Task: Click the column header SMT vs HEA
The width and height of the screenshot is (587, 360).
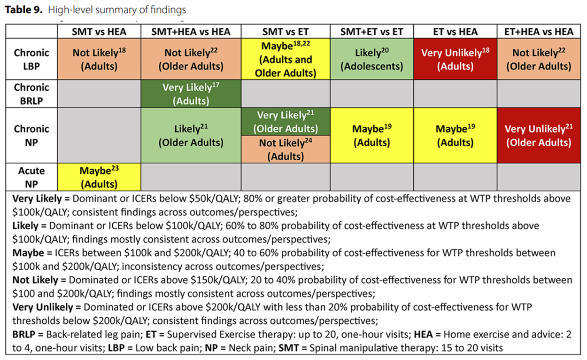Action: [99, 31]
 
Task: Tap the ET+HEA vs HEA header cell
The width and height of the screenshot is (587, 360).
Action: [539, 31]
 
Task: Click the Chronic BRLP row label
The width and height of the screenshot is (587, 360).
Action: [31, 94]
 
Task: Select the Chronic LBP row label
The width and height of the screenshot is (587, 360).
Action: [31, 59]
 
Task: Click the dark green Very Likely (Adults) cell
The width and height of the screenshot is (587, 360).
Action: [191, 94]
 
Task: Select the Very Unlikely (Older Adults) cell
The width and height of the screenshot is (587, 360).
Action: [539, 135]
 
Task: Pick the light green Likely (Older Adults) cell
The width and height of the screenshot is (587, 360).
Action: [191, 135]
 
